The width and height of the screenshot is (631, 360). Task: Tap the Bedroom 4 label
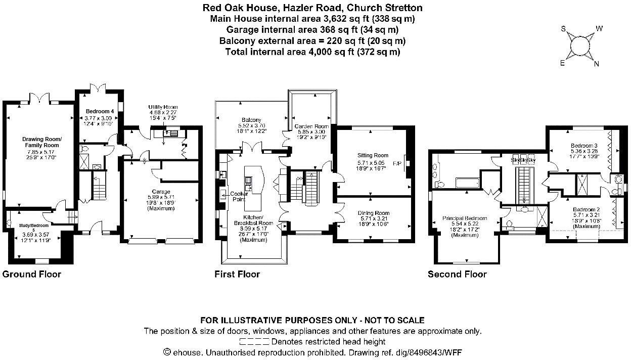click(x=96, y=111)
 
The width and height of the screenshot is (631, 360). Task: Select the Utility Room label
click(x=163, y=107)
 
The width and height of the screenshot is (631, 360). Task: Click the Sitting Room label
click(x=373, y=155)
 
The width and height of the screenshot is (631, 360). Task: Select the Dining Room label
click(x=373, y=213)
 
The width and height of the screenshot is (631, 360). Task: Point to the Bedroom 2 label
click(x=585, y=209)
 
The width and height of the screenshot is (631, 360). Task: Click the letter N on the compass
click(x=597, y=64)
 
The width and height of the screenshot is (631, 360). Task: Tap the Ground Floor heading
click(x=31, y=275)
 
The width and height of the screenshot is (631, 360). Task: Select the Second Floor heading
click(x=457, y=275)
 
